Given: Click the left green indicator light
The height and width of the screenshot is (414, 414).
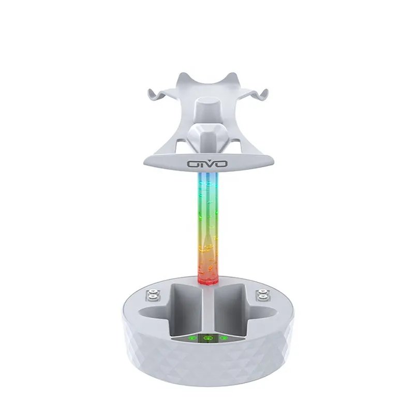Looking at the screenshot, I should pyautogui.click(x=191, y=339).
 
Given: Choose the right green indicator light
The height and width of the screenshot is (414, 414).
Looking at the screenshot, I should pyautogui.click(x=223, y=339).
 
